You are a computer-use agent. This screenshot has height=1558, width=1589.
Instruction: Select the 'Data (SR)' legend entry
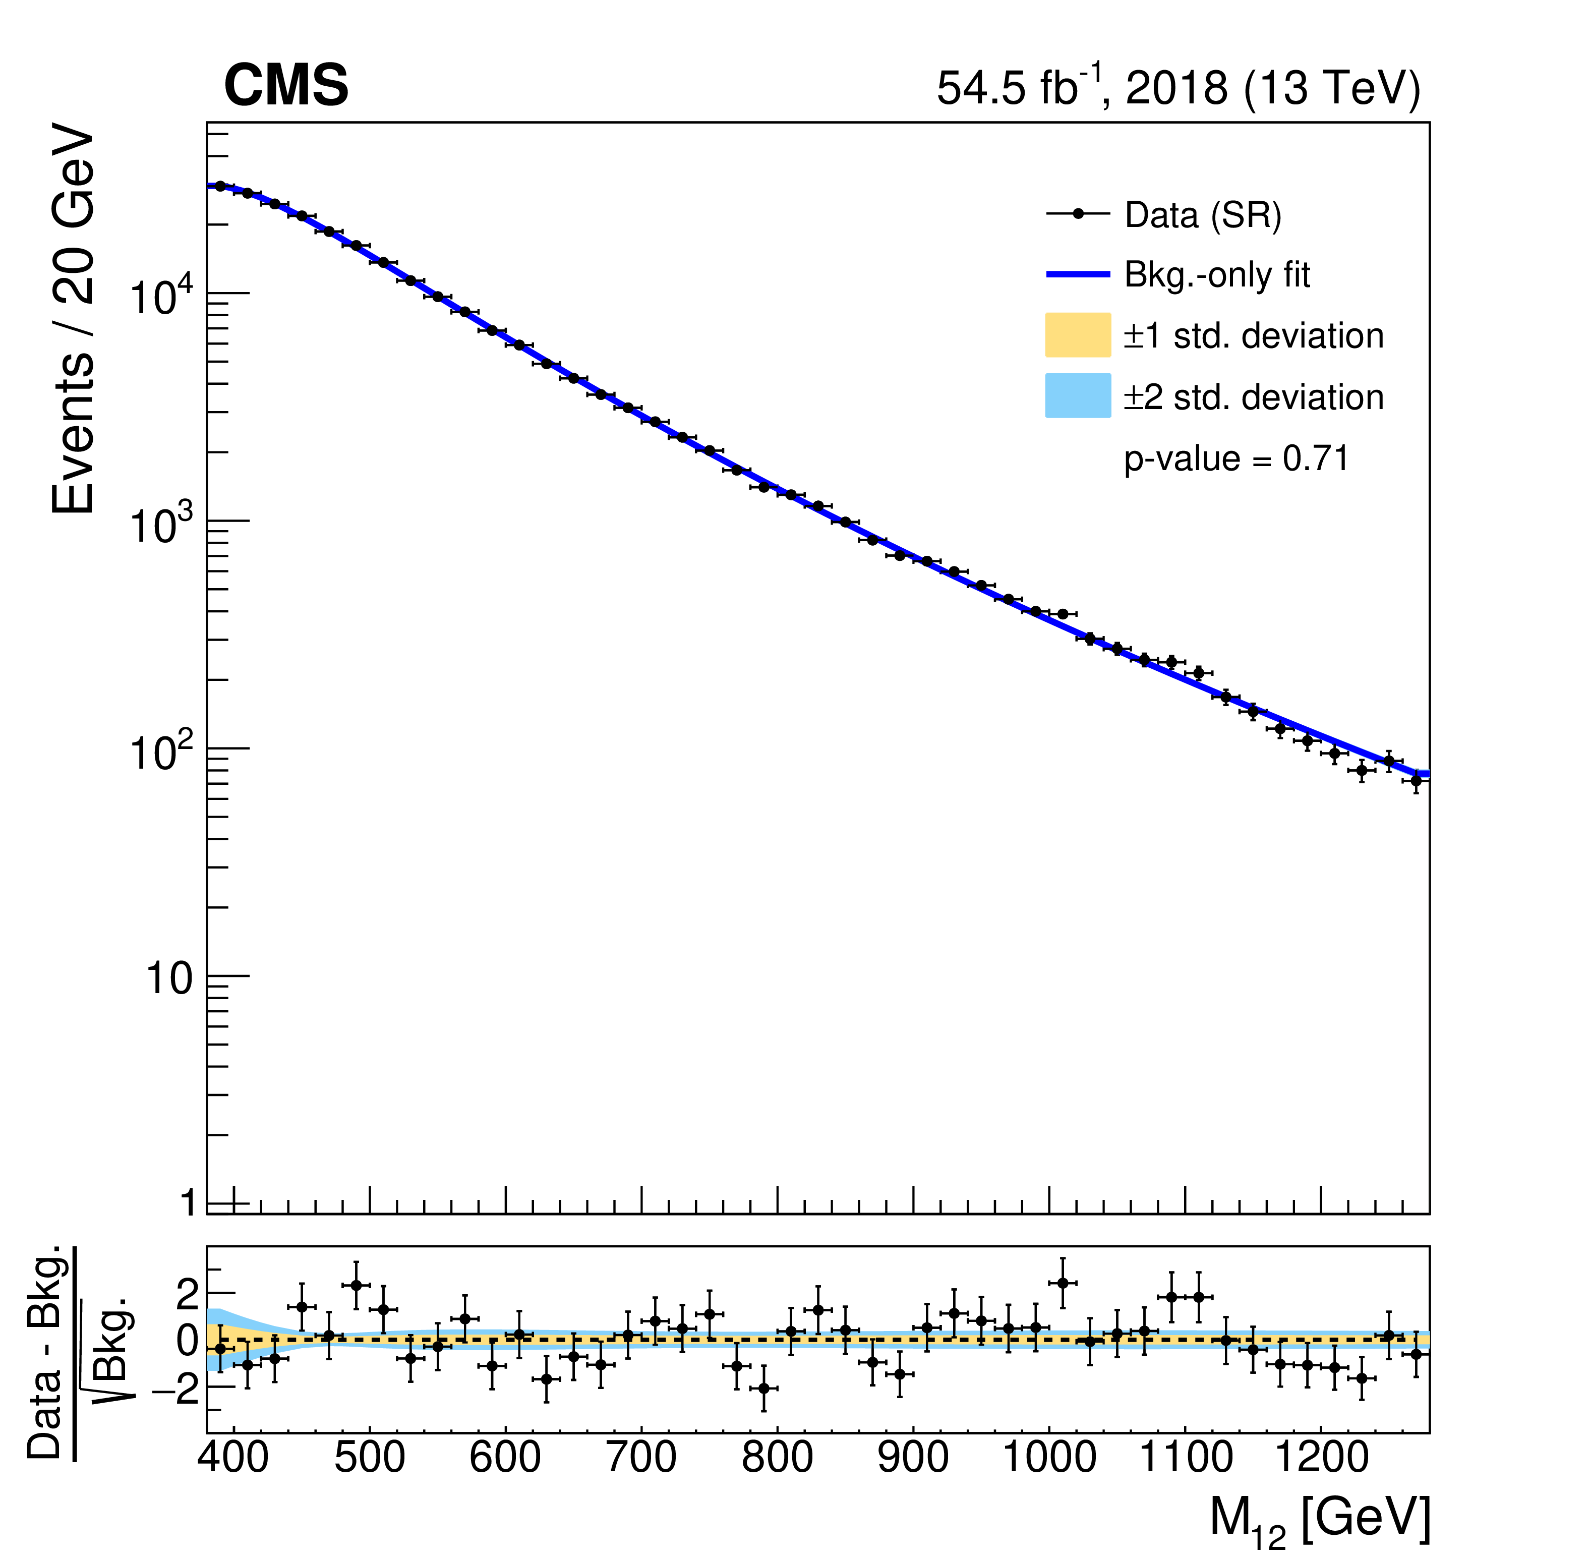point(1202,215)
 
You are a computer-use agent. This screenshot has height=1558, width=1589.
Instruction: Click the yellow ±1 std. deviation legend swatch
point(1078,335)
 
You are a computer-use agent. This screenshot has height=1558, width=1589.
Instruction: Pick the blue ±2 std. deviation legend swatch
point(1078,396)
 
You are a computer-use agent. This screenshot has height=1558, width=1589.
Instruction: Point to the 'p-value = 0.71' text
point(1235,458)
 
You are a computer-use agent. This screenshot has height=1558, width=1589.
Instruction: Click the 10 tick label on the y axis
point(169,978)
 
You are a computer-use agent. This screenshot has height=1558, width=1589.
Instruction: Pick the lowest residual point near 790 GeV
point(763,1389)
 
